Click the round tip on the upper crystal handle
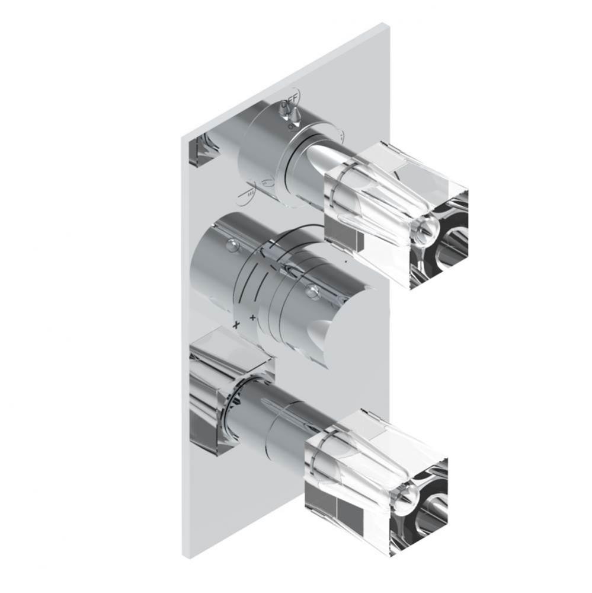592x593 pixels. click(427, 225)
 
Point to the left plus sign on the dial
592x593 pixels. click(236, 324)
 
